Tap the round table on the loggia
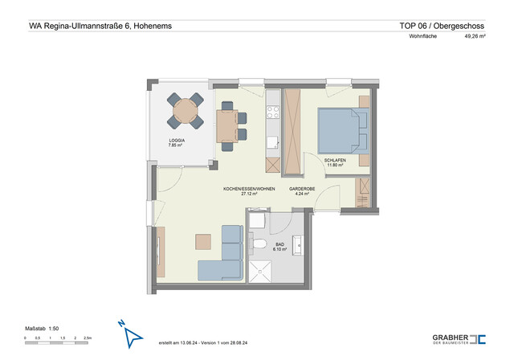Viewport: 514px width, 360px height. pos(186,110)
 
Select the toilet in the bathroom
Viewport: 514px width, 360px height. pos(260,242)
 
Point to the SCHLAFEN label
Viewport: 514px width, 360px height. pos(335,161)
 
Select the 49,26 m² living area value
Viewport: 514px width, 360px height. pos(475,36)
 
